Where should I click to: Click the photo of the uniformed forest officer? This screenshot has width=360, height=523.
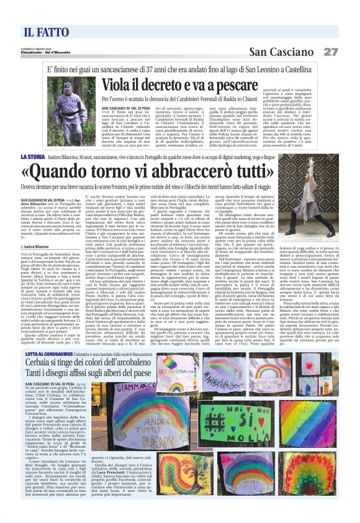(x=76, y=108)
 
